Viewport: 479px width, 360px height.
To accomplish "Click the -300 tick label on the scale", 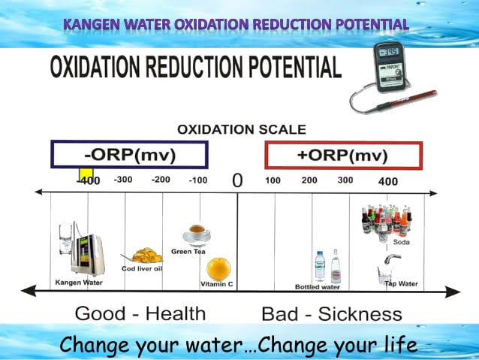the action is click(x=123, y=180).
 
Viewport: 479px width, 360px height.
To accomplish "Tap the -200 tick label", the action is click(x=161, y=180).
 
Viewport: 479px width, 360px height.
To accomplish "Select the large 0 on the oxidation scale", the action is click(x=237, y=180).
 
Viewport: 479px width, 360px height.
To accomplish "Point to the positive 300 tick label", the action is click(x=345, y=180).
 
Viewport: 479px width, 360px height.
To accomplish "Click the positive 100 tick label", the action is click(x=273, y=180).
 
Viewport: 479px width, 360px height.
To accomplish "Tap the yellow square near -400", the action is click(x=86, y=174).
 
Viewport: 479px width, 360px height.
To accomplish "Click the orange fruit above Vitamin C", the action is click(x=218, y=269).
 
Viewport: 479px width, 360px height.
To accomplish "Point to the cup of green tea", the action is click(x=197, y=235).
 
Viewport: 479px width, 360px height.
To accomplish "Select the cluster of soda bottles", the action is click(x=386, y=222).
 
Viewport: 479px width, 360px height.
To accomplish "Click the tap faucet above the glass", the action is click(x=392, y=259).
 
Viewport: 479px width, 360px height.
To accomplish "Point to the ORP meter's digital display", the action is click(x=389, y=52).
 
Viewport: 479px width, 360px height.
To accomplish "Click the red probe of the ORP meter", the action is click(x=406, y=100).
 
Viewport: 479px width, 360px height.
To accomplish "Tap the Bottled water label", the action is click(x=318, y=287).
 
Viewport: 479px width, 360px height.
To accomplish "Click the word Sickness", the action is click(x=360, y=314).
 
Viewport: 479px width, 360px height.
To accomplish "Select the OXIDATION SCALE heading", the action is click(x=242, y=130).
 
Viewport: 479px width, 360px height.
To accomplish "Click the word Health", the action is click(x=176, y=314).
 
